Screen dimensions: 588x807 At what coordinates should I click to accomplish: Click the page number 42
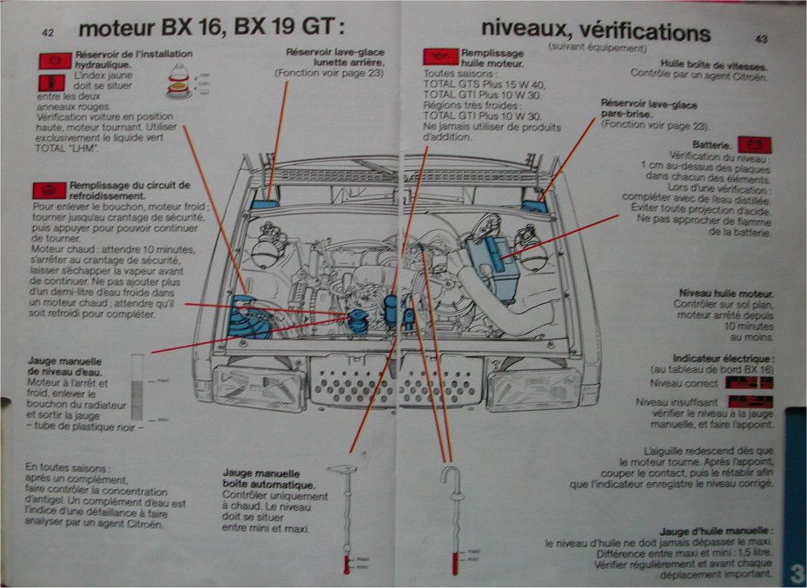click(x=49, y=32)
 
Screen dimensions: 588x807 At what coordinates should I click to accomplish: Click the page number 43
click(x=761, y=38)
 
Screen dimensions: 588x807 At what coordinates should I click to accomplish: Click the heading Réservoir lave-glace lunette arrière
click(x=334, y=57)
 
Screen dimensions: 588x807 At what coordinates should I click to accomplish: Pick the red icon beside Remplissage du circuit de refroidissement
click(x=47, y=190)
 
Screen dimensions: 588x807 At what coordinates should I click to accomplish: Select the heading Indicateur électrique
click(x=723, y=358)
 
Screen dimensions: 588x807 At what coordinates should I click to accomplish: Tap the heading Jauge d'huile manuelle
click(x=716, y=531)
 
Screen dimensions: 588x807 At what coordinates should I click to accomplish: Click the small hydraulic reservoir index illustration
click(x=178, y=84)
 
